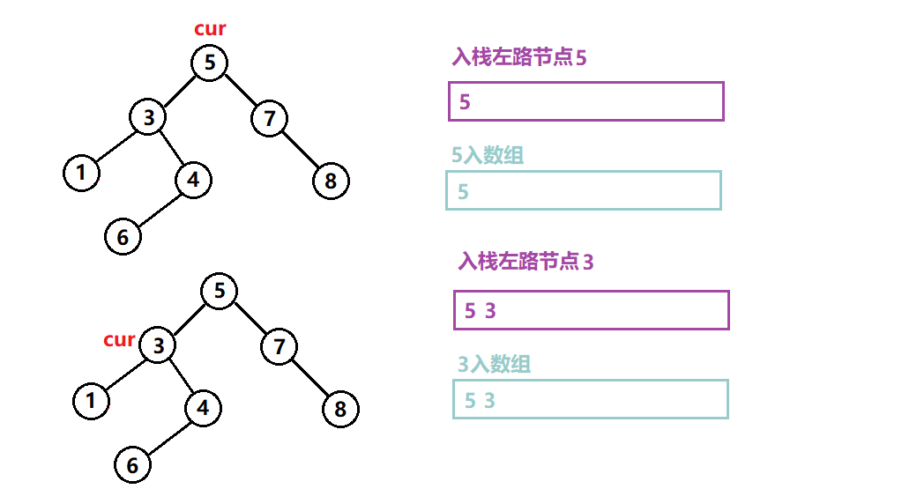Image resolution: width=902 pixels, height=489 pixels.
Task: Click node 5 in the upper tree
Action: [209, 63]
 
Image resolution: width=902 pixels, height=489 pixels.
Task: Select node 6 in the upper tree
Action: [123, 236]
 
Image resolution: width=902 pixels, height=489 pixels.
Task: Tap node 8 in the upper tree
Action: [331, 182]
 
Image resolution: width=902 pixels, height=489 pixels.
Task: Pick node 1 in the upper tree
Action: [81, 172]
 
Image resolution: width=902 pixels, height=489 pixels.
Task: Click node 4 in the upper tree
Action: [193, 181]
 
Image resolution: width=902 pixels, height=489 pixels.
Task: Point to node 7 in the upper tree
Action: [270, 117]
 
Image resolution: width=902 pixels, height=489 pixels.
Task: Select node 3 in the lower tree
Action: [158, 345]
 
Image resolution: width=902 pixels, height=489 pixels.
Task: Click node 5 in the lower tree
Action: [220, 291]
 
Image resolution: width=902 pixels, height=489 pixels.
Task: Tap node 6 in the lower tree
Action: [132, 465]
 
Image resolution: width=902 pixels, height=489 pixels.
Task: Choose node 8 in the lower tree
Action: [340, 410]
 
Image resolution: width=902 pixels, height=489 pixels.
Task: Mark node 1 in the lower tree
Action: [90, 401]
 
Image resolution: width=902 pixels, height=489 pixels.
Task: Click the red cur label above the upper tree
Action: [210, 29]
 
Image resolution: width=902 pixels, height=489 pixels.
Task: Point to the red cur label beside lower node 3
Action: [119, 339]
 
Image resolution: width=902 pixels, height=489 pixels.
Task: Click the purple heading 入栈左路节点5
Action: [518, 58]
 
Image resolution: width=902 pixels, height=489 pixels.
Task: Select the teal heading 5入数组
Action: [488, 156]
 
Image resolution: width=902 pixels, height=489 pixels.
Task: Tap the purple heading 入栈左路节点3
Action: [526, 261]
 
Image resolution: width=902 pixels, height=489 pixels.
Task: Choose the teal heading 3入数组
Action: [494, 364]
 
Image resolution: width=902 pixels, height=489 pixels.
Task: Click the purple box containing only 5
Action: [585, 101]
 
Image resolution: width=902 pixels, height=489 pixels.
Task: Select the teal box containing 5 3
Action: [590, 399]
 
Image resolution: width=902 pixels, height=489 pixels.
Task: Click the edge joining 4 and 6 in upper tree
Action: [159, 208]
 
